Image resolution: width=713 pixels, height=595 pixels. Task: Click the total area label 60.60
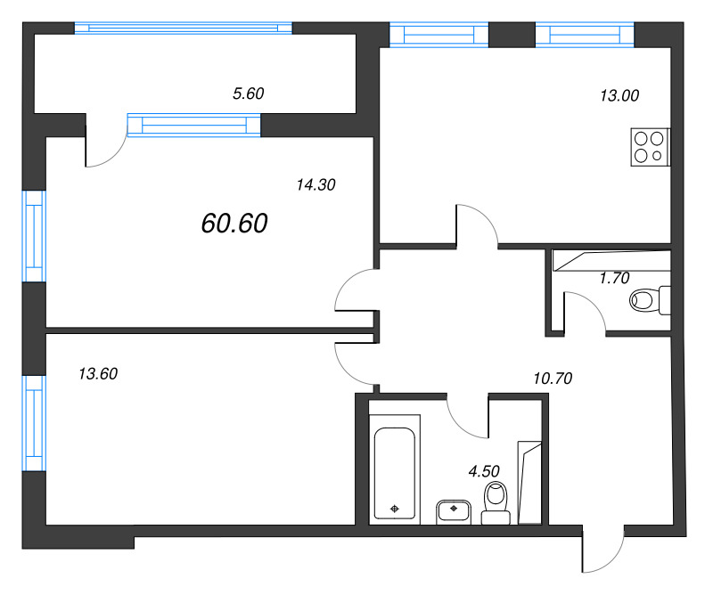234,224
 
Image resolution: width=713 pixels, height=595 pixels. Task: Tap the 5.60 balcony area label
249,94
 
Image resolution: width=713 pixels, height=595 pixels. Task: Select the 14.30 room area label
316,184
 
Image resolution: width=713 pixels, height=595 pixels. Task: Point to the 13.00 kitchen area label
619,95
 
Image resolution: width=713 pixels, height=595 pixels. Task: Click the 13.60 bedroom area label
98,373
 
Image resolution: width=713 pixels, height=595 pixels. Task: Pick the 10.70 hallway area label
553,379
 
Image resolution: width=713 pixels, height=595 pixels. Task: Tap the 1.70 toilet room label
614,278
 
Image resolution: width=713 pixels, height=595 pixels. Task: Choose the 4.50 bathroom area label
484,471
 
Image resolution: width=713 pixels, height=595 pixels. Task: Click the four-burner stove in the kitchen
651,147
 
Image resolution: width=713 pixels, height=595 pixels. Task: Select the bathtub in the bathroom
394,469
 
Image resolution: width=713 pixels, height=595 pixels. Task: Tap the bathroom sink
454,511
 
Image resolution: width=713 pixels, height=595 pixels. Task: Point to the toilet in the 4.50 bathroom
496,503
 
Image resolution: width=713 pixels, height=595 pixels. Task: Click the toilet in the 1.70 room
651,300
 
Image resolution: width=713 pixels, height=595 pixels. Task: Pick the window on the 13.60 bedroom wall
35,423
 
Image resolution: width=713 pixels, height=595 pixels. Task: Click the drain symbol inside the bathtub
394,509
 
